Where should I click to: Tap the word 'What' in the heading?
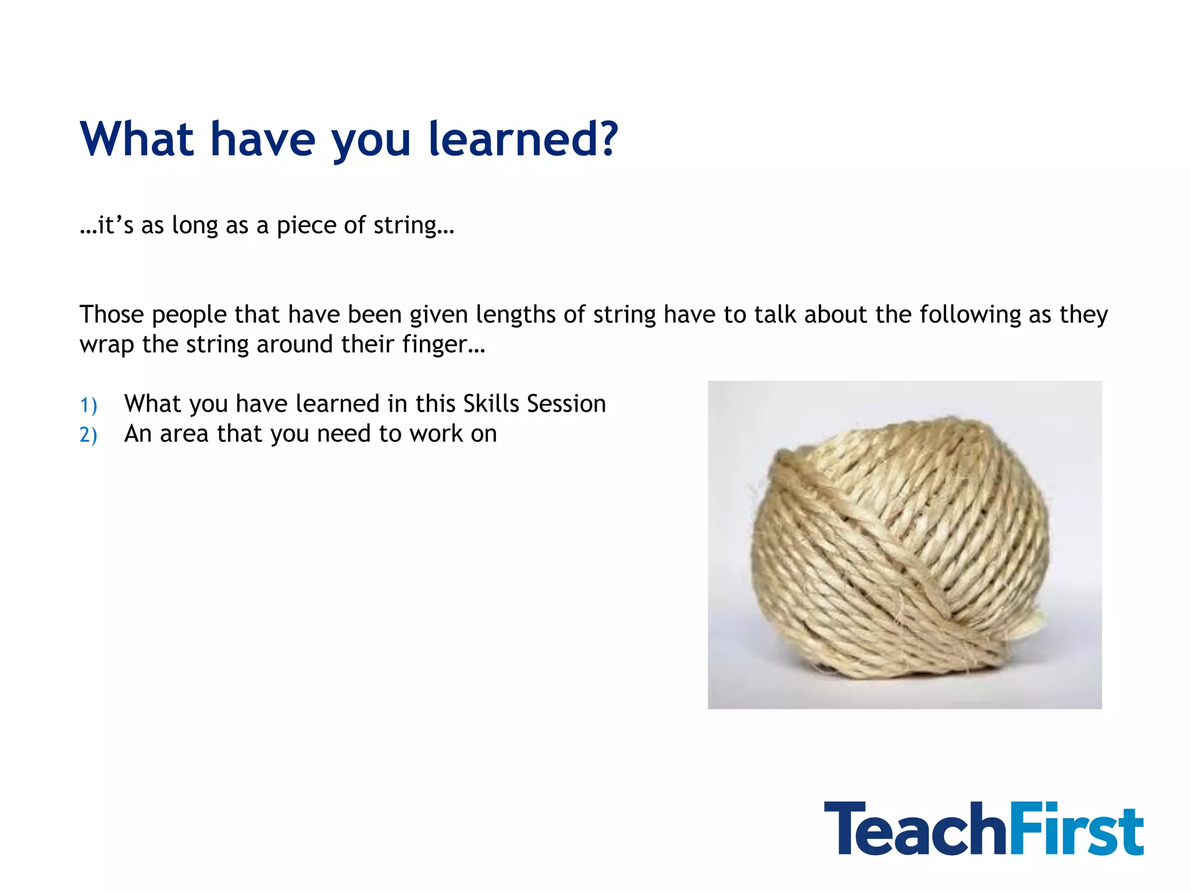[x=137, y=140]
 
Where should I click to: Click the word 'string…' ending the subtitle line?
[x=413, y=226]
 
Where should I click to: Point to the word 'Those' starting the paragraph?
[x=112, y=315]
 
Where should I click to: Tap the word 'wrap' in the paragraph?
[x=107, y=345]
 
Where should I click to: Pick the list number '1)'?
[x=88, y=405]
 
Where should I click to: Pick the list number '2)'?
[x=88, y=435]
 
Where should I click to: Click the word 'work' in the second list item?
[x=435, y=434]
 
